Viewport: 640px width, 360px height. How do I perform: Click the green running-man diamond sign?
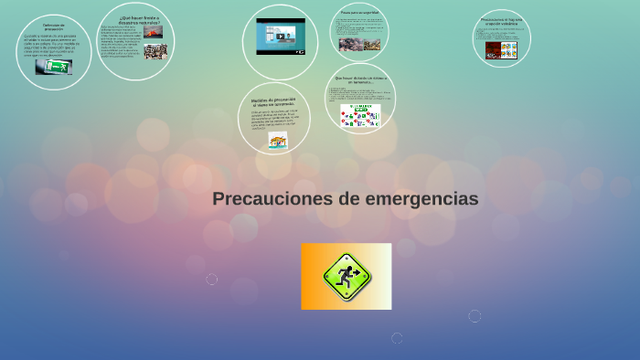[346, 276]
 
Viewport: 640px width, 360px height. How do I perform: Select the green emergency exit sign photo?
[54, 67]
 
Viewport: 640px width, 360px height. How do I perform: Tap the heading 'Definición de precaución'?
[53, 27]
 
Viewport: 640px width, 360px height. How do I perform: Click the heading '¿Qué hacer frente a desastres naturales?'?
[139, 19]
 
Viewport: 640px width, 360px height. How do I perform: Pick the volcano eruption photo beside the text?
[154, 32]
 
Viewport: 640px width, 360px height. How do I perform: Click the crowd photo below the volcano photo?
[154, 51]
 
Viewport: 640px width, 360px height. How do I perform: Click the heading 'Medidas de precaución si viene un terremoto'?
[273, 101]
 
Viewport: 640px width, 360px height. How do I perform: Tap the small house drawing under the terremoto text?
[277, 141]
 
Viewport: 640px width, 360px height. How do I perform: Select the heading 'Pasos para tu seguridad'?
[359, 12]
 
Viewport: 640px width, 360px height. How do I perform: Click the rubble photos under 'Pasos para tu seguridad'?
[359, 44]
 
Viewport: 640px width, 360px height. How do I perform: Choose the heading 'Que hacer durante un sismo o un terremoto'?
[359, 79]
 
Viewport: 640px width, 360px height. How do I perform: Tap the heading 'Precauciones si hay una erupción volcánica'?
[501, 21]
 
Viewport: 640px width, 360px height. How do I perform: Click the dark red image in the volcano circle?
[493, 50]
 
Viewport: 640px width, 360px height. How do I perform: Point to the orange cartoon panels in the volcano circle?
[508, 50]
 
